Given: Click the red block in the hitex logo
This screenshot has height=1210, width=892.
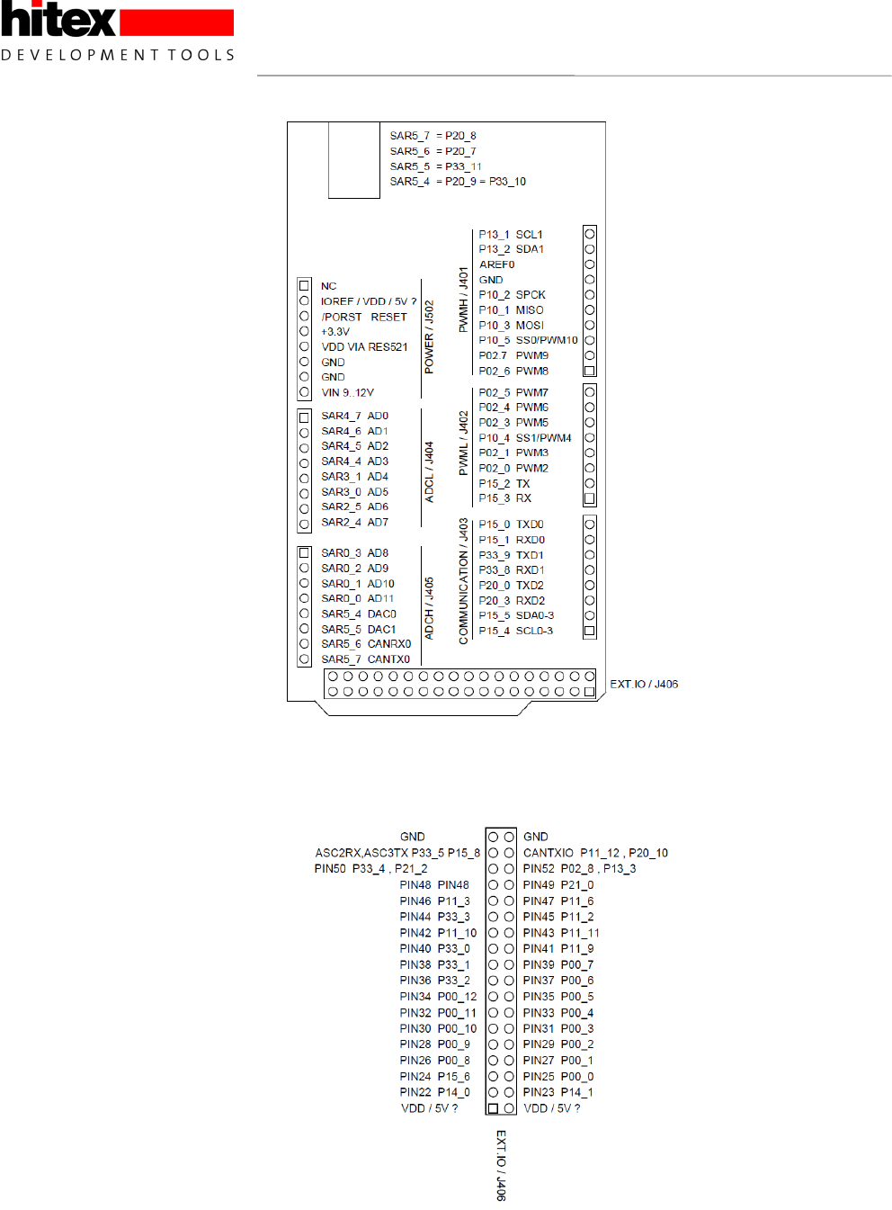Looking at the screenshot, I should [176, 22].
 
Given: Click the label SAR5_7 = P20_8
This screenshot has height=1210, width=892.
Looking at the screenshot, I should [433, 136].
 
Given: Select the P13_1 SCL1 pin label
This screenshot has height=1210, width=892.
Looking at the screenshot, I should [511, 235].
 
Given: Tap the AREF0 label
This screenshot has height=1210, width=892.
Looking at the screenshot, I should [496, 264].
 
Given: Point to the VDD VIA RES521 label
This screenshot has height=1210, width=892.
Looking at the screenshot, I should [364, 347].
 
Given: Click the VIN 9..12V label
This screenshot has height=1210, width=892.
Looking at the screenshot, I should [347, 393].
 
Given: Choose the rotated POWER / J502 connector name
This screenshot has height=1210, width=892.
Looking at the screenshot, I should [429, 337].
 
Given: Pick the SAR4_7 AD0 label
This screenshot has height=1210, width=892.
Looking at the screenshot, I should [354, 417].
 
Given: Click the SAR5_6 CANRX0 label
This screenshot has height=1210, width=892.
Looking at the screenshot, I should [366, 644].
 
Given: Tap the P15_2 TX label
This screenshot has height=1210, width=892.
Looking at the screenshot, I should [504, 484].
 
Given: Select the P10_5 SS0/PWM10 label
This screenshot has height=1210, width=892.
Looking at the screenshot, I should [528, 340].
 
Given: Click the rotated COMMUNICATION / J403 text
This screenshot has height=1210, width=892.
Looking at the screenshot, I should [463, 581].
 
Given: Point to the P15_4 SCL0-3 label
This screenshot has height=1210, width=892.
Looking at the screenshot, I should [515, 631].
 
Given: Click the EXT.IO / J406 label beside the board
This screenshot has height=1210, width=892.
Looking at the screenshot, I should [644, 685].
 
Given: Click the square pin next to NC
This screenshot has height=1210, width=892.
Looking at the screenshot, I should [304, 286].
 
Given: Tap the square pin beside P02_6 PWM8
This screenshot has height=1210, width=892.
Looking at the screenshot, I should [590, 371].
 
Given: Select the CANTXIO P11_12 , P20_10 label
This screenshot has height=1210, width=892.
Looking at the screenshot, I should [595, 853].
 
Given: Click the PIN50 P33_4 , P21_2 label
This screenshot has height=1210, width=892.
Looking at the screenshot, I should [370, 869].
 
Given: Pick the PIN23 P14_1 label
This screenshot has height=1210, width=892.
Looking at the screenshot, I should [557, 1093].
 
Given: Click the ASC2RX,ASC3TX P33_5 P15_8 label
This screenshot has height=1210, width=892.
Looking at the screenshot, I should [397, 853].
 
